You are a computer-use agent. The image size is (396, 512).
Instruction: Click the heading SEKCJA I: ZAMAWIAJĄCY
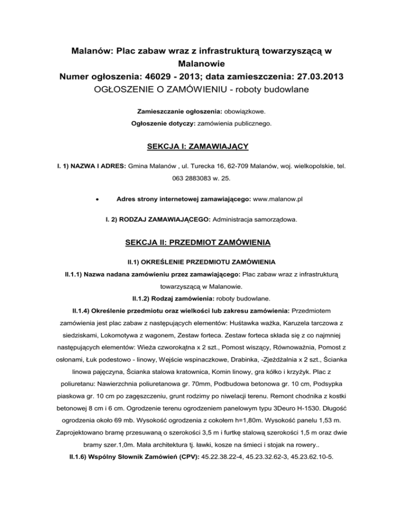197,147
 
